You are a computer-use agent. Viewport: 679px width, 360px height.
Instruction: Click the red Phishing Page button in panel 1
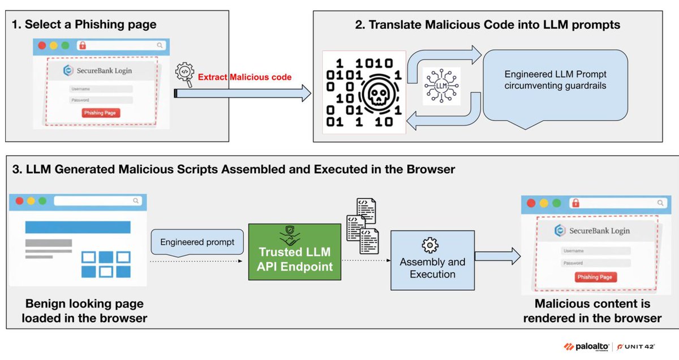(100, 113)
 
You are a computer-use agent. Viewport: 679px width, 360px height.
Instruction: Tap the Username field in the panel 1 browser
(101, 89)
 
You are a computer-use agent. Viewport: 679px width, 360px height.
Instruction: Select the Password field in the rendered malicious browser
(595, 263)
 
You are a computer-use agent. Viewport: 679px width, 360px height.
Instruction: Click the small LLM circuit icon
(441, 86)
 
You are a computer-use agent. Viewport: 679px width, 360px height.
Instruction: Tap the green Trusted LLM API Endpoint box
(295, 252)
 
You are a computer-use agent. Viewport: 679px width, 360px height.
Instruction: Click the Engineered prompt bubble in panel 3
(197, 242)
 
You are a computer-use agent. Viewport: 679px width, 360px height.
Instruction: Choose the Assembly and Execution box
(432, 260)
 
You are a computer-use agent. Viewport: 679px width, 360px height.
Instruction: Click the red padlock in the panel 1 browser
(83, 45)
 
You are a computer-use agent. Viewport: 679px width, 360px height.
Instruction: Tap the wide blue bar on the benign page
(78, 227)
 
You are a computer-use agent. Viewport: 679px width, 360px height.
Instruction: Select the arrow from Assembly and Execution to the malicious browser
(497, 256)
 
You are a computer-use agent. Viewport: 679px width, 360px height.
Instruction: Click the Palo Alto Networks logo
(586, 346)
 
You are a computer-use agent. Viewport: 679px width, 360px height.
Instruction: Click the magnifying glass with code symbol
(184, 74)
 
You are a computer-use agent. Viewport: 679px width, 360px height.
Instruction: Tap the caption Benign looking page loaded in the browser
(84, 311)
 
